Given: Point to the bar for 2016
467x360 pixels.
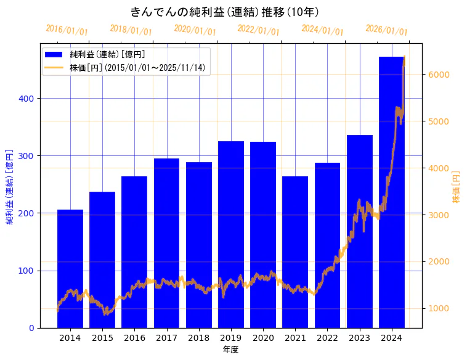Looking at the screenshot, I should point(134,252).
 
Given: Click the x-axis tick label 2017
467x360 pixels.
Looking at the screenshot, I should point(166,338).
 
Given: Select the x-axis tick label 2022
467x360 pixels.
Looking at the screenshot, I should point(327,338).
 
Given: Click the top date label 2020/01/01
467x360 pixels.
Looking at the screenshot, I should point(195,30).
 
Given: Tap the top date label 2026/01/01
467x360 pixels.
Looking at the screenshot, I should point(386,30).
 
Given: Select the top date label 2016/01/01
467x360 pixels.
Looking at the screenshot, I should point(67,30).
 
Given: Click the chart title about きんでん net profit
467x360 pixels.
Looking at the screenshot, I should point(224,12).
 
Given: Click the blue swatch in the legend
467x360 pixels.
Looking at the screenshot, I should point(54,55).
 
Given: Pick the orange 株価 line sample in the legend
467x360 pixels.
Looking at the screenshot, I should point(54,68).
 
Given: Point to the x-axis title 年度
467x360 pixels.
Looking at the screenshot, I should point(230,350).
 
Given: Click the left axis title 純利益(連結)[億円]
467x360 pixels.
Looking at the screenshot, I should point(10,186).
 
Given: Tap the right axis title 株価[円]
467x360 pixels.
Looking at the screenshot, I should point(457,187).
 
